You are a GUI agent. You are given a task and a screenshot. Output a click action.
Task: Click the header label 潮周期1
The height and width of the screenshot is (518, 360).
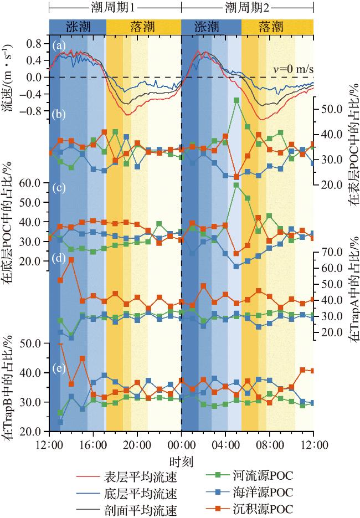pyautogui.click(x=115, y=8)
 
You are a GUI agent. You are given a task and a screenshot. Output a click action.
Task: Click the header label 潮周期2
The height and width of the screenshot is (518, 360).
pyautogui.click(x=247, y=8)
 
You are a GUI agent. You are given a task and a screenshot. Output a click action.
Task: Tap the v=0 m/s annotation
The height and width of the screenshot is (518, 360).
pyautogui.click(x=293, y=69)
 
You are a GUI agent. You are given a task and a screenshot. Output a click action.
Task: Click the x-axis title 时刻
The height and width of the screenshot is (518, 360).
pyautogui.click(x=181, y=460)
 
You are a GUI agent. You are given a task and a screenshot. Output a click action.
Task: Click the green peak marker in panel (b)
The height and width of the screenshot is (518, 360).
pyautogui.click(x=236, y=100)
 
